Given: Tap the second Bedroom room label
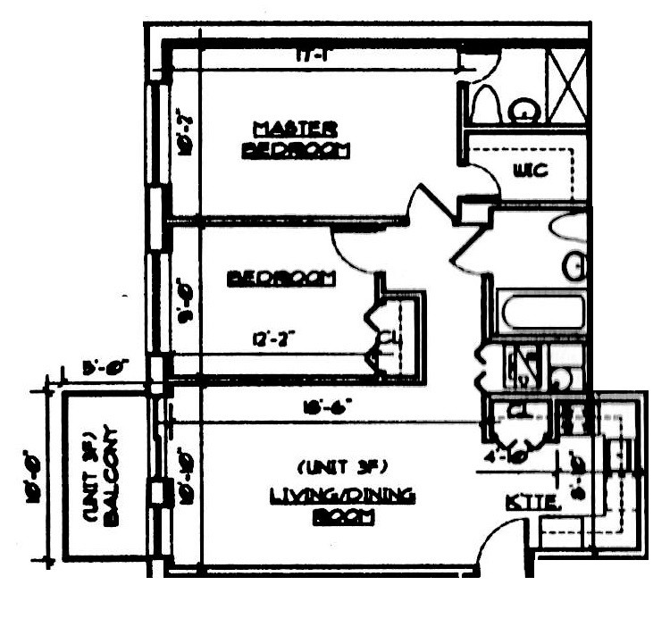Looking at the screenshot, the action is (x=281, y=279).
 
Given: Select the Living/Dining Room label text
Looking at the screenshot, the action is (x=343, y=506).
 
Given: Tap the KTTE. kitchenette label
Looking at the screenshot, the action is (x=532, y=503).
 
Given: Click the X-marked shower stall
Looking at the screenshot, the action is (x=566, y=87).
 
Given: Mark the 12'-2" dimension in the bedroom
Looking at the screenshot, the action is (x=274, y=339).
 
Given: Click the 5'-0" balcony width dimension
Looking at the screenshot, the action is (x=105, y=366).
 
